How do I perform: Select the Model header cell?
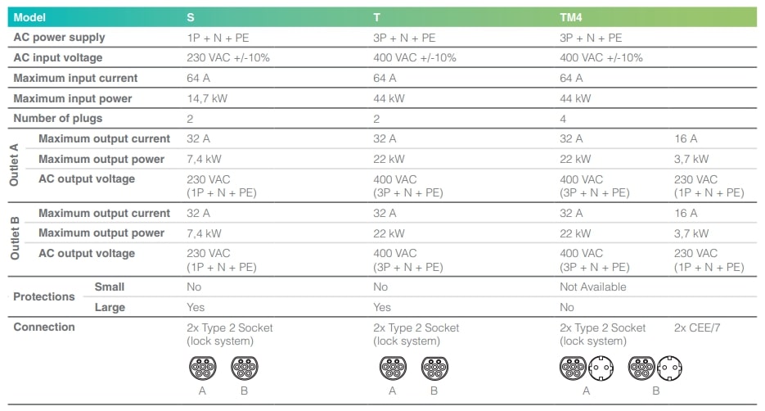tap(30, 17)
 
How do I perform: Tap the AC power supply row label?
tap(59, 38)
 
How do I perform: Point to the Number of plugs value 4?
tap(564, 119)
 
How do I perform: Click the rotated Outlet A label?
tap(15, 165)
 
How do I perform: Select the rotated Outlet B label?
tap(15, 238)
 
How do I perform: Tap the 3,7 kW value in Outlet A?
tap(691, 159)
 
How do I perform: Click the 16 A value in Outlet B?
tap(686, 213)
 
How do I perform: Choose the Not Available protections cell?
tap(593, 287)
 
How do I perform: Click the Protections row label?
tap(44, 296)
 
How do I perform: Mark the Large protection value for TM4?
tap(567, 308)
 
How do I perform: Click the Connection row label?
tap(44, 327)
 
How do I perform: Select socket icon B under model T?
tap(434, 368)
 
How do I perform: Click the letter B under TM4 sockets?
tap(656, 391)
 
